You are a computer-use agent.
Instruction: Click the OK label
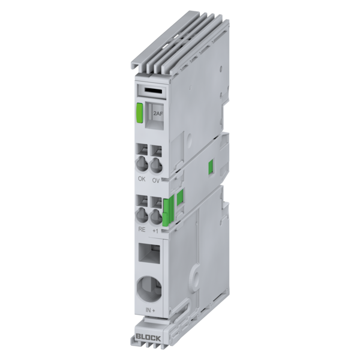(x=142, y=178)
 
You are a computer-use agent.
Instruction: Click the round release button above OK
(x=142, y=164)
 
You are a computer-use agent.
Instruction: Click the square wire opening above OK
(x=142, y=149)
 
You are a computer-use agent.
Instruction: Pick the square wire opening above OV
(x=157, y=150)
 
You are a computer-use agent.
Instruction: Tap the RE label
(x=142, y=229)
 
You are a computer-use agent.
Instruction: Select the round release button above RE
(x=142, y=214)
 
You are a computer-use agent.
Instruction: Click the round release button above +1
(x=157, y=215)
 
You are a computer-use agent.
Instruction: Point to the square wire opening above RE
(x=142, y=200)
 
